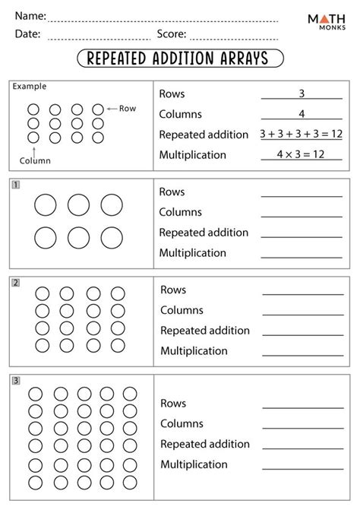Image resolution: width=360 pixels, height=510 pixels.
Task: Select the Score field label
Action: pyautogui.click(x=171, y=33)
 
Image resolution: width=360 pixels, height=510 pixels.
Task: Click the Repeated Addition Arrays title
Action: pyautogui.click(x=180, y=59)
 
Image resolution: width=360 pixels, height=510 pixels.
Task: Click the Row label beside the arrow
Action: pyautogui.click(x=128, y=109)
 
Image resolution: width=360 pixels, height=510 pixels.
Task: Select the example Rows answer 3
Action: pyautogui.click(x=301, y=93)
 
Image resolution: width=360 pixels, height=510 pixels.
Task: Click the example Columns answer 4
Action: pyautogui.click(x=301, y=114)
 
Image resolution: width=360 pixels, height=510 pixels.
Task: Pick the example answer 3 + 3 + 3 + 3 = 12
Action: pyautogui.click(x=301, y=134)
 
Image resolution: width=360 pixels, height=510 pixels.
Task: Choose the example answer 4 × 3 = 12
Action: pyautogui.click(x=301, y=154)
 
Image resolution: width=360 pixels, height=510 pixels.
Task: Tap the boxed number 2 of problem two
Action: pyautogui.click(x=15, y=283)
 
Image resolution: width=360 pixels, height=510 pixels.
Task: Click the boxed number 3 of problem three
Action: pyautogui.click(x=15, y=380)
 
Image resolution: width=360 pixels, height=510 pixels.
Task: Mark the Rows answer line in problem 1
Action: pyautogui.click(x=301, y=196)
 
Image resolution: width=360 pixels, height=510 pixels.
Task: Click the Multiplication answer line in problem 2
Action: pyautogui.click(x=302, y=355)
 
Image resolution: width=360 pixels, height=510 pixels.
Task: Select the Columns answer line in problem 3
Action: pyautogui.click(x=302, y=428)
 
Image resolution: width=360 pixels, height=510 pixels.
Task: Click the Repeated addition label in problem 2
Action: pyautogui.click(x=204, y=331)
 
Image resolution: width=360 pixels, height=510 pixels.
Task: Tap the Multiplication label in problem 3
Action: pyautogui.click(x=194, y=464)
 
